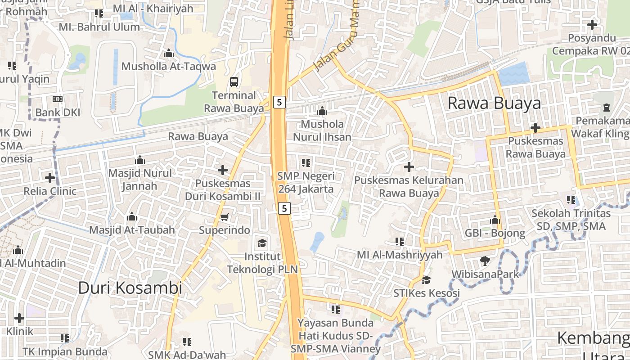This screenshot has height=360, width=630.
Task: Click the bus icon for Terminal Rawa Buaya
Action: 234,81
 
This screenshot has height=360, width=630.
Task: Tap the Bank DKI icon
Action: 58,99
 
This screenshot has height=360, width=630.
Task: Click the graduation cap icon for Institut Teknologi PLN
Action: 261,243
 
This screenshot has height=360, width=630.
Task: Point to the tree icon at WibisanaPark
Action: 485,261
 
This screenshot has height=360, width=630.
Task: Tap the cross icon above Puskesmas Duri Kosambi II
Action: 223,170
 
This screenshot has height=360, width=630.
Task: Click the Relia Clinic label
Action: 50,191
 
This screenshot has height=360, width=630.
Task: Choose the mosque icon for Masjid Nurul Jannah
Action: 140,160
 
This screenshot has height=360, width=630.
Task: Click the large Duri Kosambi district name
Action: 130,288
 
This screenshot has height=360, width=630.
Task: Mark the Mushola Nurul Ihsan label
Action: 322,130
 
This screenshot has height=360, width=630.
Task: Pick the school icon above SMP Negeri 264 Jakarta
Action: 306,162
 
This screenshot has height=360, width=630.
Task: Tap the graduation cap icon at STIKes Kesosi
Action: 426,280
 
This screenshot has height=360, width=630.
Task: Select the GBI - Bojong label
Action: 495,233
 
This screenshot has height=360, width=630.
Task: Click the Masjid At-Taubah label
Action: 132,230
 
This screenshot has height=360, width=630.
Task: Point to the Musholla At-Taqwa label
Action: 169,67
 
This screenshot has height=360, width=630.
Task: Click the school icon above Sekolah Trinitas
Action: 571,199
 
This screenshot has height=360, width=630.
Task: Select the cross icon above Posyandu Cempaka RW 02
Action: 592,24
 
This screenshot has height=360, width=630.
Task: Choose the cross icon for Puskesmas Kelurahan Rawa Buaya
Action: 409,167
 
